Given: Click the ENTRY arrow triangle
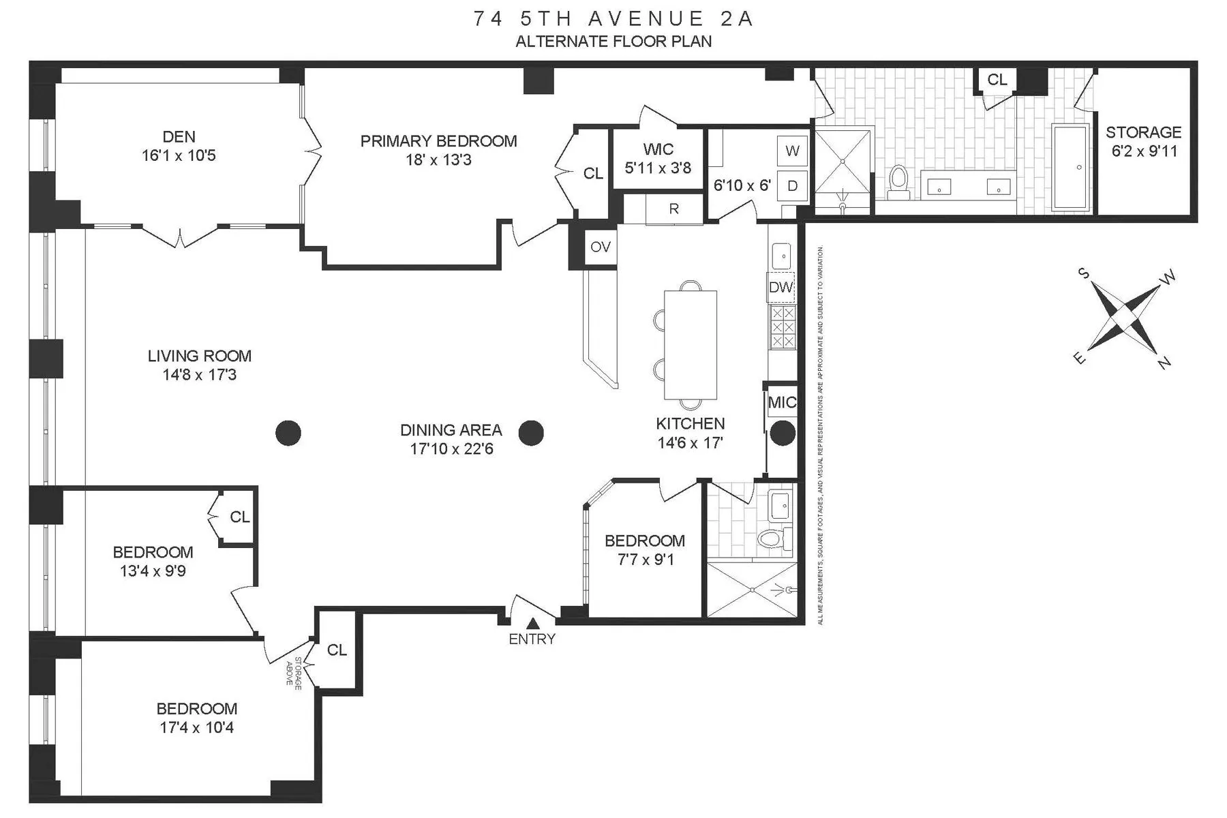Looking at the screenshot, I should point(533,622).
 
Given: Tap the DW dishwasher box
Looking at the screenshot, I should point(781,287).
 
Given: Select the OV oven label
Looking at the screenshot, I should point(601,247).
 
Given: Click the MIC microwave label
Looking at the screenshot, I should point(781,402).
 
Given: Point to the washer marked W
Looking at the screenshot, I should point(792,151).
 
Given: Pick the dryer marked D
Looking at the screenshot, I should point(792,185).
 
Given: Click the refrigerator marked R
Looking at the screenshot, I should point(673,209).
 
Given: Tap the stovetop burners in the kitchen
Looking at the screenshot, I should point(782,327).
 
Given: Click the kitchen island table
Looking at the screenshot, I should point(691,344).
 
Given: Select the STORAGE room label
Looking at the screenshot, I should point(1143,132).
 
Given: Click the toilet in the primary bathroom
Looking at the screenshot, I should point(899,182).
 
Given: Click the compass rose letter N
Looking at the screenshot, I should point(1164,363).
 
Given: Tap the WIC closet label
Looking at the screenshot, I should point(658,149).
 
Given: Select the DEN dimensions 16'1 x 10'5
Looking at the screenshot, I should point(179,155).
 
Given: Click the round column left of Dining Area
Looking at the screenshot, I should point(288,432).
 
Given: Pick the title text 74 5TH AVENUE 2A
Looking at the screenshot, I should point(613,18).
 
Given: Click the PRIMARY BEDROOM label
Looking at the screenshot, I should point(438,141).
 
